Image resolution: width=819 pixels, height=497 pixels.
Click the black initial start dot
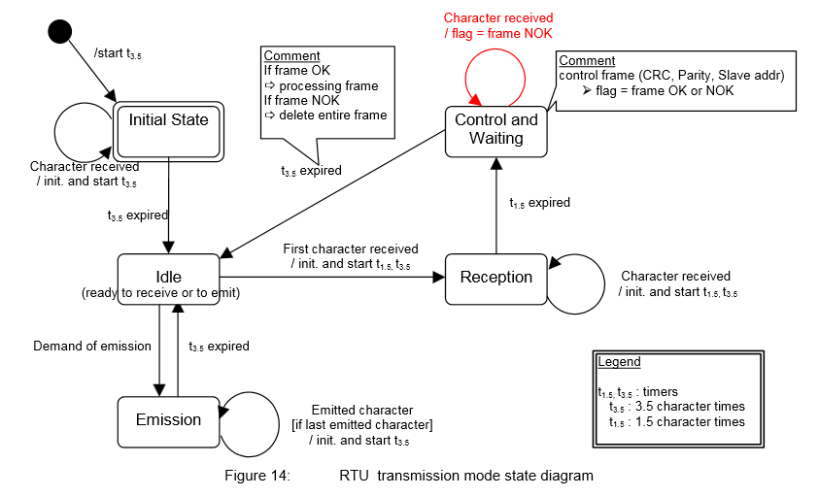[59, 30]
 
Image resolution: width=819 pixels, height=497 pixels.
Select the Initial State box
[169, 120]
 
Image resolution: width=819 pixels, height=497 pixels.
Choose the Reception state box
[495, 277]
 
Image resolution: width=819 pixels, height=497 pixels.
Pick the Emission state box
[168, 420]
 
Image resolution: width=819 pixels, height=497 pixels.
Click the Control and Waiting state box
[495, 129]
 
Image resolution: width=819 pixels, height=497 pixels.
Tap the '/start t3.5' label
[119, 53]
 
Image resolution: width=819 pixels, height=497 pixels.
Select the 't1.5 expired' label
[539, 203]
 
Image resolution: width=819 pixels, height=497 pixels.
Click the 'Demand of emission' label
[92, 346]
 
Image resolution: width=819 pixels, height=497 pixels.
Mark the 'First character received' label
[351, 249]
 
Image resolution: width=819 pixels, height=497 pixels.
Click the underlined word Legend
[619, 362]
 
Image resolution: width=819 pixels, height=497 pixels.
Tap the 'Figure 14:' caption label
[259, 476]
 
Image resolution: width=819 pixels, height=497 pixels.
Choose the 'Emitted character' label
[361, 411]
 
